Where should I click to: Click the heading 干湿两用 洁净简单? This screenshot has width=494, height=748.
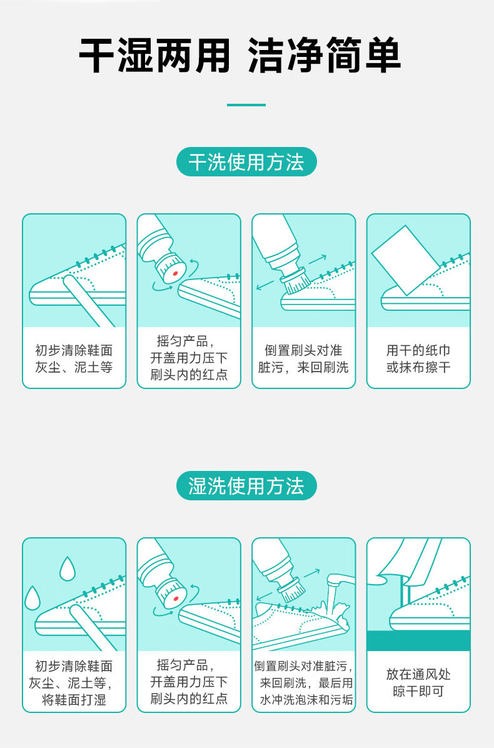240,55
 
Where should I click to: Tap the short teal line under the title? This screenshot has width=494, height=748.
246,105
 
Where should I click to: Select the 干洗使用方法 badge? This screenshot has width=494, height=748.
246,162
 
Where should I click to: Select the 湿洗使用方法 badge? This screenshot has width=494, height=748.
246,485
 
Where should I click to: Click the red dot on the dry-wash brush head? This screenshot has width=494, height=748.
175,274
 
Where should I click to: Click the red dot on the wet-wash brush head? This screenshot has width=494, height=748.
176,598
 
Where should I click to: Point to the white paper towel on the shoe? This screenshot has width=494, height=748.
406,260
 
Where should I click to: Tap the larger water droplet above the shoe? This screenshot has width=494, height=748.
68,569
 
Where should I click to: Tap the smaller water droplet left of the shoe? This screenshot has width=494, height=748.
33,598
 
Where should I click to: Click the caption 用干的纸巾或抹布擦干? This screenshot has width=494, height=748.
418,359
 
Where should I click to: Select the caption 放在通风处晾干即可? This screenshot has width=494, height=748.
418,683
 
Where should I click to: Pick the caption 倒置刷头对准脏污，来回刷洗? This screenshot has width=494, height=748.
303,359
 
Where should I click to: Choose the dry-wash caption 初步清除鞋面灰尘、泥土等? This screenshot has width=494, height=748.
74,359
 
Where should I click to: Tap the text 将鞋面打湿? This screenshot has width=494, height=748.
74,700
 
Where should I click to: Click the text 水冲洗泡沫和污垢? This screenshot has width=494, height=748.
306,700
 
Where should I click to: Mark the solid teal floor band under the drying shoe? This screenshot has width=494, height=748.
418,640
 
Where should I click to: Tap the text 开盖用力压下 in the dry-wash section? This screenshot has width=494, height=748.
189,358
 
